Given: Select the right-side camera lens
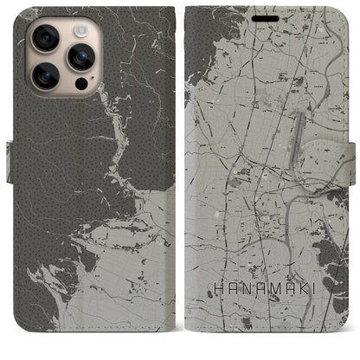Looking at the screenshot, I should (x=81, y=56).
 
